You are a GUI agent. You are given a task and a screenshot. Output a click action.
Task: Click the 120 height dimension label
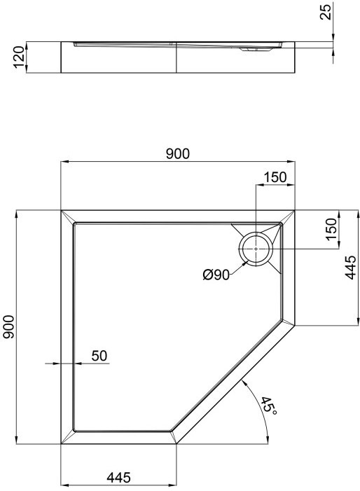(x=19, y=57)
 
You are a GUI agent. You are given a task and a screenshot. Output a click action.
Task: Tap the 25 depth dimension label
(x=326, y=12)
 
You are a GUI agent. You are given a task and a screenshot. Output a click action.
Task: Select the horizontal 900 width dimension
(x=178, y=154)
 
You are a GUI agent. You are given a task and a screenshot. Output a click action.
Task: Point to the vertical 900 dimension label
(x=9, y=326)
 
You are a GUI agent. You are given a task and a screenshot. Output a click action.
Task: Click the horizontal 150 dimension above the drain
(x=275, y=177)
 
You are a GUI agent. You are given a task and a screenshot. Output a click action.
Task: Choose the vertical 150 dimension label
(x=332, y=229)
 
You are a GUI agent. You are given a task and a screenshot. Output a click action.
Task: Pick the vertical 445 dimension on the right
(x=350, y=268)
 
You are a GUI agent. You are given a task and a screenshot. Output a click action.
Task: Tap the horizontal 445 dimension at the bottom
(x=118, y=478)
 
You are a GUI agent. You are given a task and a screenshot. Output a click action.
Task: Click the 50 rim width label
(x=99, y=356)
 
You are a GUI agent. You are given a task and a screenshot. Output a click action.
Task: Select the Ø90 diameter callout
(x=216, y=275)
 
